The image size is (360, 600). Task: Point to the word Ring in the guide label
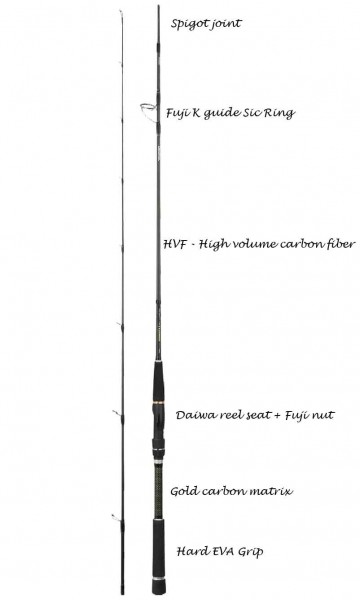281,113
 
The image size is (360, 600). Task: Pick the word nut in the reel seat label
324,416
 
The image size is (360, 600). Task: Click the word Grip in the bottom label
251,552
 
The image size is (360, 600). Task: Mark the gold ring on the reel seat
158,403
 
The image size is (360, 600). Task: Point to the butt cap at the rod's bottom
158,586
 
